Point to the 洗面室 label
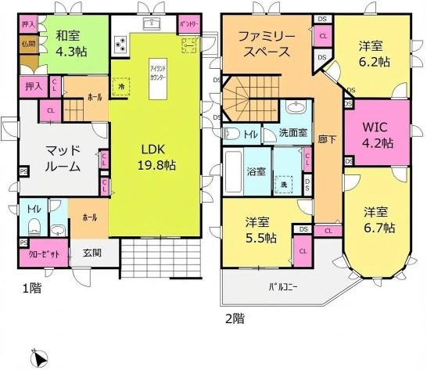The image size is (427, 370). pyautogui.click(x=293, y=133)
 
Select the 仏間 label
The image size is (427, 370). pyautogui.click(x=27, y=44)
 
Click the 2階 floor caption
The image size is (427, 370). pyautogui.click(x=235, y=318)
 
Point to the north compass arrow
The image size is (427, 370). pyautogui.click(x=33, y=356)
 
